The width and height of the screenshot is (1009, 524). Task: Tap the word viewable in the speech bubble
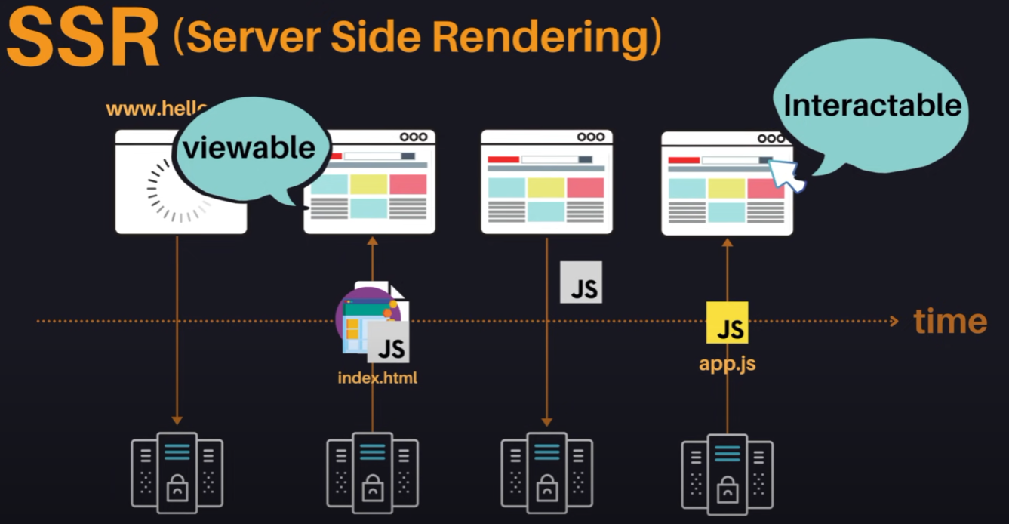coord(249,146)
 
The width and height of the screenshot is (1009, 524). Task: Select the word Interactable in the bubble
coord(872,106)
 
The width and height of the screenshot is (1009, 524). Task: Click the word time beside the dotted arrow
coord(950,322)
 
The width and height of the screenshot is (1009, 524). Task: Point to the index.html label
coord(377,377)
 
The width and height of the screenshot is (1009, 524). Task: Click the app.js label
coord(727,364)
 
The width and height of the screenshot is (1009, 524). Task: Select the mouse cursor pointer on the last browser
coord(784,175)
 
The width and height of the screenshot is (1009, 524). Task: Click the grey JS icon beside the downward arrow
coord(581,282)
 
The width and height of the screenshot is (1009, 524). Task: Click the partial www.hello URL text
coord(155,108)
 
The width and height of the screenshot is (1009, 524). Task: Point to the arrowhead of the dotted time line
coord(894,322)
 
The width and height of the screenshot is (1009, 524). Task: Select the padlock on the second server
coord(372,487)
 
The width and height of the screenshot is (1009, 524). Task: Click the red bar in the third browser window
coord(503,159)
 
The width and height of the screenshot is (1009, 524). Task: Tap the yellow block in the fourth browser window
coord(726,188)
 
